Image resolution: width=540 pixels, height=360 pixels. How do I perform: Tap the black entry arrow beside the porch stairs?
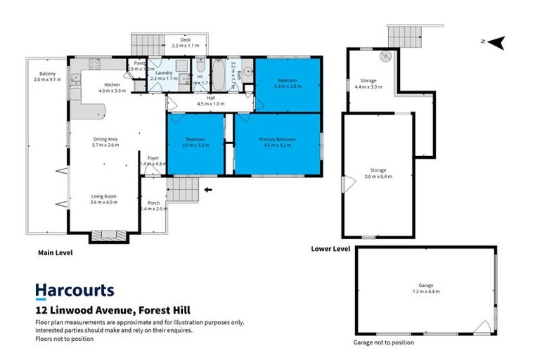click(x=207, y=189)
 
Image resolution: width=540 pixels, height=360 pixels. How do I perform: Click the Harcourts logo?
click(x=75, y=290)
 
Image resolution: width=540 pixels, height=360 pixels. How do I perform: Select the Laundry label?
click(x=162, y=73)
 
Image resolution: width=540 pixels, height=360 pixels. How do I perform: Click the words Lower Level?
click(x=330, y=248)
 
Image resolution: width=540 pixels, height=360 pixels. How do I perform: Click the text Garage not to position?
click(x=383, y=342)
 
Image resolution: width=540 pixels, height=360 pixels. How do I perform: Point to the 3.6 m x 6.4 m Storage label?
click(x=378, y=172)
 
